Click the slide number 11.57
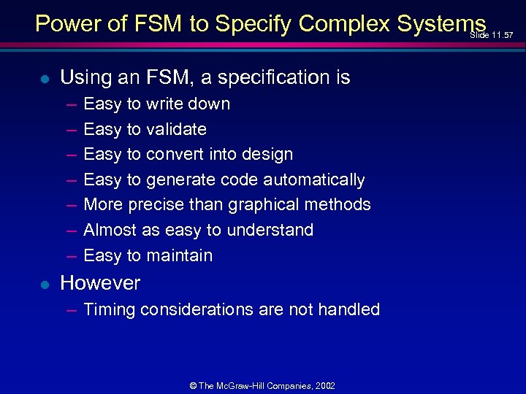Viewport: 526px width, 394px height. [x=502, y=35]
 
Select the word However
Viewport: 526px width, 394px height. [x=100, y=283]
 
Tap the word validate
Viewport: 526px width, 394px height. [x=176, y=129]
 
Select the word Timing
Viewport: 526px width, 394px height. [x=109, y=310]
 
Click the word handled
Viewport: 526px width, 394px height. [x=351, y=309]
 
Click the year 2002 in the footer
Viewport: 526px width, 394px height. [x=324, y=385]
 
